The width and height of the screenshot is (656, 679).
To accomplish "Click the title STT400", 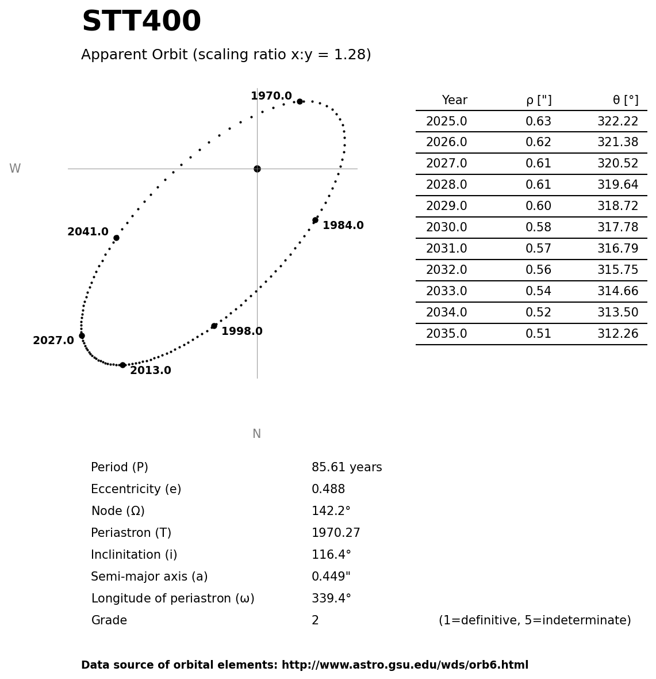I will click(x=141, y=22).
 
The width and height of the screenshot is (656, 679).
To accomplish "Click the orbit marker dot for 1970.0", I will click(x=300, y=101).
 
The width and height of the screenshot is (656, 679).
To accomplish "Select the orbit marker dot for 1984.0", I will click(x=315, y=220).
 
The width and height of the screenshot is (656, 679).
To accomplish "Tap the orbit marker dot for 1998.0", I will click(x=214, y=326).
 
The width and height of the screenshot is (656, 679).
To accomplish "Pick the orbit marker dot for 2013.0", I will click(x=122, y=365).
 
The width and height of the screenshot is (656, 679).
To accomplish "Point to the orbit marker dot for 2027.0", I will click(x=82, y=335).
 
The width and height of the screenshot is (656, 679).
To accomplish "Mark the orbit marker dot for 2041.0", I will click(x=116, y=238).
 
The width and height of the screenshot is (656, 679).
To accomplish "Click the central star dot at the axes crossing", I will click(x=257, y=169).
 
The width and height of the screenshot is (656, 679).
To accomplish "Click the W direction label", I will click(x=15, y=169).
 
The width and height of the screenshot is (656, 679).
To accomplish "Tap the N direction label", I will click(x=256, y=434).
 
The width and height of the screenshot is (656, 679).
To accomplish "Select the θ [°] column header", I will click(x=626, y=100).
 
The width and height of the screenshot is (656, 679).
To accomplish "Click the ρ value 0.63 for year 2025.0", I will click(x=538, y=121).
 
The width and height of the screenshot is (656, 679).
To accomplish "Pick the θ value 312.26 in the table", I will click(x=617, y=334).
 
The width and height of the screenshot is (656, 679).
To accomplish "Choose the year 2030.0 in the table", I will click(x=446, y=227).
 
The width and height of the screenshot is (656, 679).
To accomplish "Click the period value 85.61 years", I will click(x=347, y=467).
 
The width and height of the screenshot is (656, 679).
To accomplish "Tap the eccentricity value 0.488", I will click(x=328, y=489).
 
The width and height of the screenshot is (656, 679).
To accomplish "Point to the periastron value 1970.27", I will click(x=336, y=533).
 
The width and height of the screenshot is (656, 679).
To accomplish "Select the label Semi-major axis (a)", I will click(x=149, y=577).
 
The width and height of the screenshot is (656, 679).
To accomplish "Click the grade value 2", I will click(x=315, y=620).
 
